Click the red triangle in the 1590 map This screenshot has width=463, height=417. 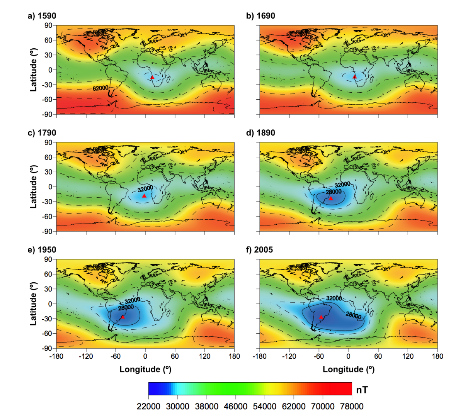[152, 78]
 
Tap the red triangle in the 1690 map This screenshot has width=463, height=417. [354, 77]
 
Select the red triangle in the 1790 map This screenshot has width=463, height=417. [144, 196]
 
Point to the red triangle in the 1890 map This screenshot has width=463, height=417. [330, 198]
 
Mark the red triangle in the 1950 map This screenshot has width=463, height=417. [123, 317]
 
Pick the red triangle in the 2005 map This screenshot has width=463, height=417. [321, 317]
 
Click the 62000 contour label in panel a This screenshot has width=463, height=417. [100, 88]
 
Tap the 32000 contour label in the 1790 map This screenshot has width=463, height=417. [145, 189]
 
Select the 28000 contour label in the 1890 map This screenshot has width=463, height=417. [333, 192]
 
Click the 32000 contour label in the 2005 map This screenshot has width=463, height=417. [334, 298]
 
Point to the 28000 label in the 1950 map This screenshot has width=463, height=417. [126, 308]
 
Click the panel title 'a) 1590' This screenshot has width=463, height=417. [42, 16]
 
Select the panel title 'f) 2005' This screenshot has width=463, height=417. [259, 250]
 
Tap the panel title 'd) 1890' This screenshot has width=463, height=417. [260, 133]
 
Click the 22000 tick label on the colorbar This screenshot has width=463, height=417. [149, 406]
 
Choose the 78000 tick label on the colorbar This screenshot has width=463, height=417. [351, 406]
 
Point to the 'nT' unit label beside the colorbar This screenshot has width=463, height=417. [362, 390]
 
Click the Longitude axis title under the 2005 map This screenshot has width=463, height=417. [349, 370]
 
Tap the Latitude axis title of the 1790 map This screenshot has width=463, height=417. [34, 187]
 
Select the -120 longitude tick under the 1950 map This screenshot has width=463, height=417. [86, 356]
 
